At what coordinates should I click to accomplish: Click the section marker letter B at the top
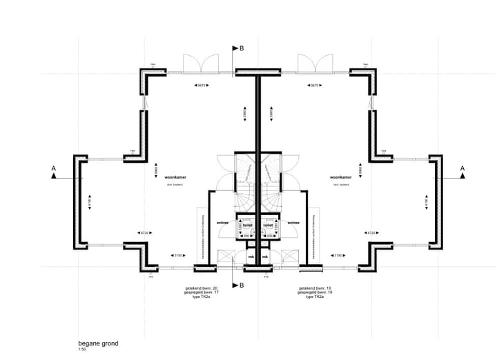pos(241,48)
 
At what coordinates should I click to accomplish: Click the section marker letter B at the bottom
pos(241,285)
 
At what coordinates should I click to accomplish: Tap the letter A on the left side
pos(53,168)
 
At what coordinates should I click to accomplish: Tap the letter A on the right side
pos(462,168)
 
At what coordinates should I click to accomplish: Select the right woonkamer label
pos(342,177)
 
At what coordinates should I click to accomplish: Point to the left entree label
pos(223,223)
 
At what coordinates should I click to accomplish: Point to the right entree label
pos(293,223)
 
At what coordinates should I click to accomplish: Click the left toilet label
pos(246,224)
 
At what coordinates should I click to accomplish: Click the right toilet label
pos(269,224)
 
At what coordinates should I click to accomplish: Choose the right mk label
pos(267,257)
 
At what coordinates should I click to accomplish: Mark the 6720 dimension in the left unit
pos(144,233)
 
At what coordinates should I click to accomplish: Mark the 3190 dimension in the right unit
pos(339,255)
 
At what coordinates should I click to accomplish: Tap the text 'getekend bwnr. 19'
pos(315,288)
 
